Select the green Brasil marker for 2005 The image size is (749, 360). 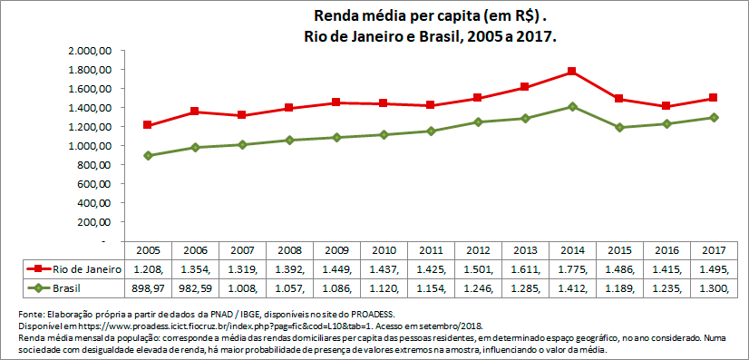[x=147, y=156]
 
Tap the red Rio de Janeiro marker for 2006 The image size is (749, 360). [x=194, y=112]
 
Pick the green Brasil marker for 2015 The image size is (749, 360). [x=618, y=127]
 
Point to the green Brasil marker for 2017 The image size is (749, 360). [x=714, y=117]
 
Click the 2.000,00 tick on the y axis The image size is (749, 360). [x=90, y=51]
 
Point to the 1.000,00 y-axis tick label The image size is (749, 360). [x=90, y=146]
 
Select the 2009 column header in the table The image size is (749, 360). [x=336, y=249]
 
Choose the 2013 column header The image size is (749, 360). [x=525, y=249]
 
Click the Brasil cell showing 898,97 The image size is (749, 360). [x=147, y=288]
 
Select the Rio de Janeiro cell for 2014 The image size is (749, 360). [x=572, y=268]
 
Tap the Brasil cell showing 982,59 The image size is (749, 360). [x=194, y=288]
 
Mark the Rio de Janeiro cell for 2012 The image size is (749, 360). [x=478, y=268]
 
